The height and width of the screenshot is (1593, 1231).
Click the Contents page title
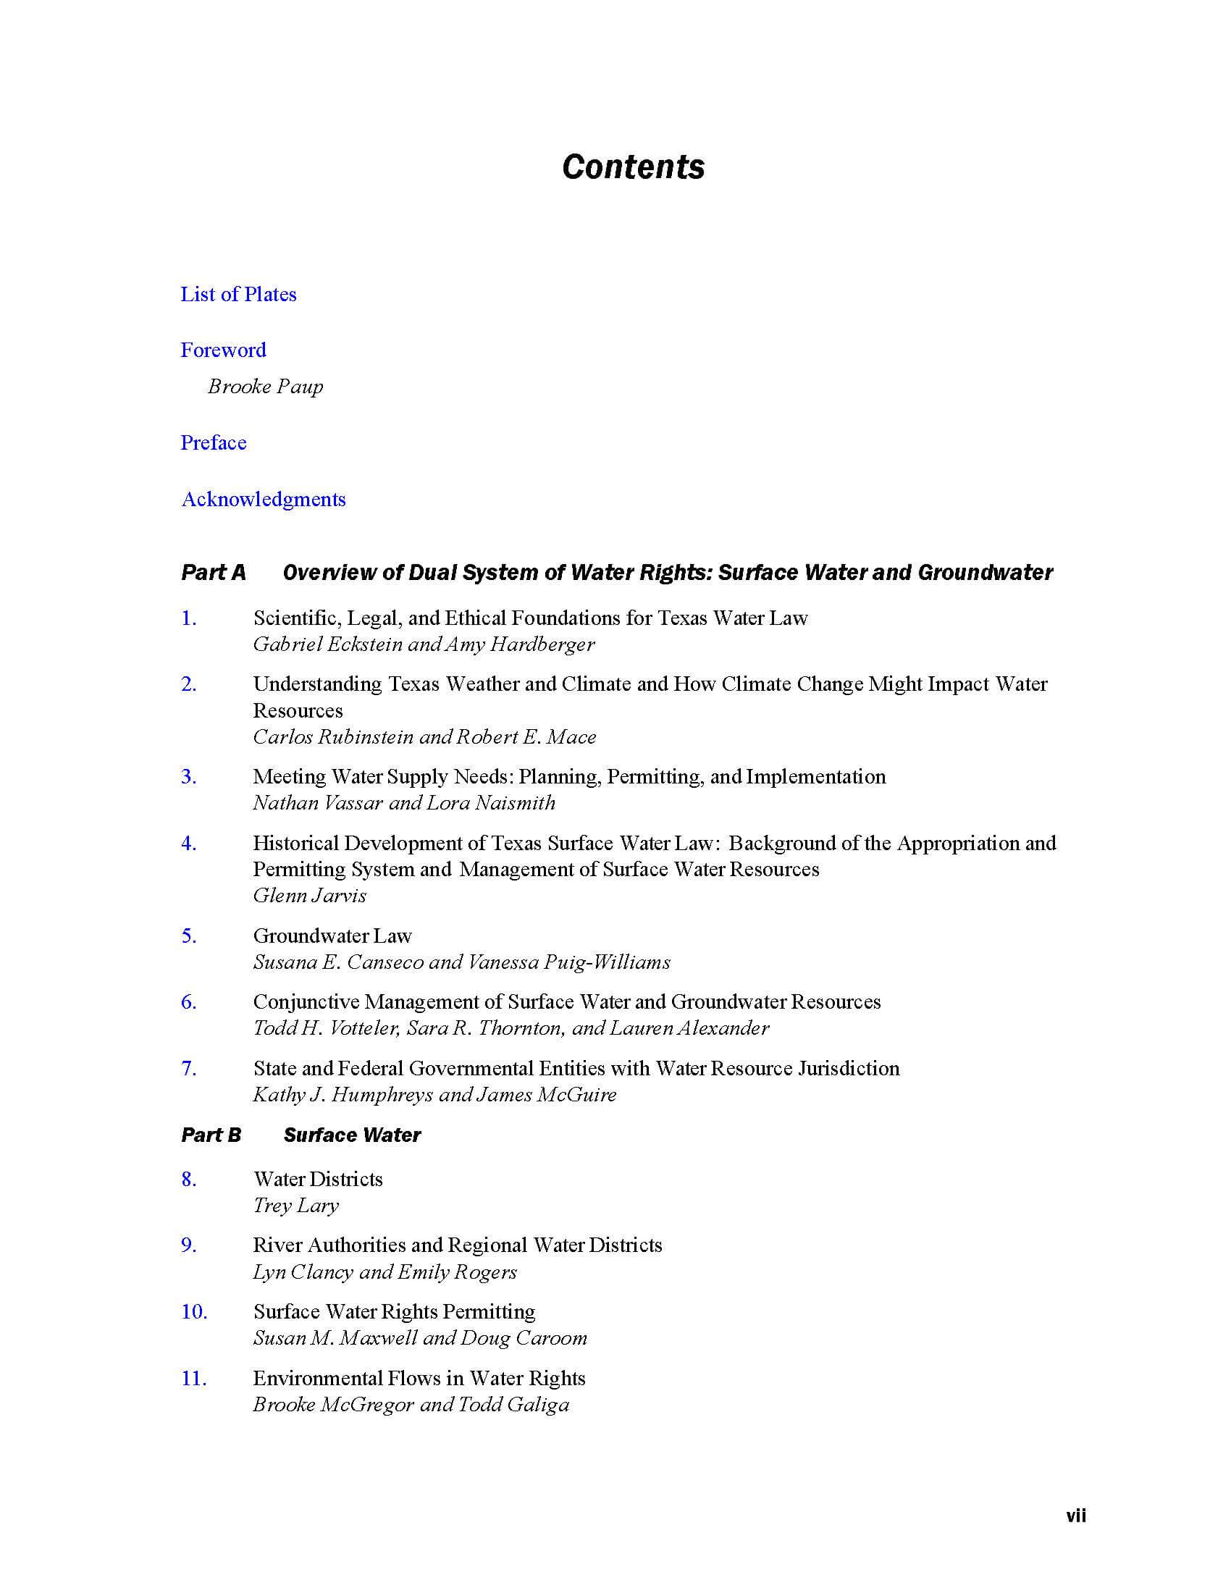pyautogui.click(x=633, y=167)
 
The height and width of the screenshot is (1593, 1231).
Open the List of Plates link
pyautogui.click(x=238, y=294)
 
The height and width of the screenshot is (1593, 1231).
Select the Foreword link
pyautogui.click(x=223, y=350)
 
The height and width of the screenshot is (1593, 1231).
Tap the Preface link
pyautogui.click(x=214, y=442)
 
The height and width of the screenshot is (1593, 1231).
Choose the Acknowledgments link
pyautogui.click(x=264, y=500)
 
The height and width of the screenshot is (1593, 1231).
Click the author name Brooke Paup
pyautogui.click(x=266, y=387)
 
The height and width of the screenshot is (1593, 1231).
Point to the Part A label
pyautogui.click(x=213, y=573)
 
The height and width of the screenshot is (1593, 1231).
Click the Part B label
pyautogui.click(x=211, y=1135)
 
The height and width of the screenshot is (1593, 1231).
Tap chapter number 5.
pyautogui.click(x=189, y=936)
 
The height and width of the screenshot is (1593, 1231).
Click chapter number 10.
pyautogui.click(x=194, y=1312)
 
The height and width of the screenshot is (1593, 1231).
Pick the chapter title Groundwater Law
pyautogui.click(x=332, y=936)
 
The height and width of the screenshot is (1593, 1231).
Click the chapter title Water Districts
pyautogui.click(x=318, y=1180)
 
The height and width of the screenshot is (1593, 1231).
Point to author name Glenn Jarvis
pyautogui.click(x=310, y=896)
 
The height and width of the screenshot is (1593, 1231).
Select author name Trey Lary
pyautogui.click(x=296, y=1206)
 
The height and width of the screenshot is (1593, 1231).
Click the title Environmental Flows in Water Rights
pyautogui.click(x=419, y=1379)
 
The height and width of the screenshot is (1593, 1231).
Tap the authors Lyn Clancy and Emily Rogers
pyautogui.click(x=385, y=1272)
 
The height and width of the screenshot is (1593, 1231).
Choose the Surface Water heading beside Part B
pyautogui.click(x=352, y=1135)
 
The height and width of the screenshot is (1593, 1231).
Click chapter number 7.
pyautogui.click(x=189, y=1069)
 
